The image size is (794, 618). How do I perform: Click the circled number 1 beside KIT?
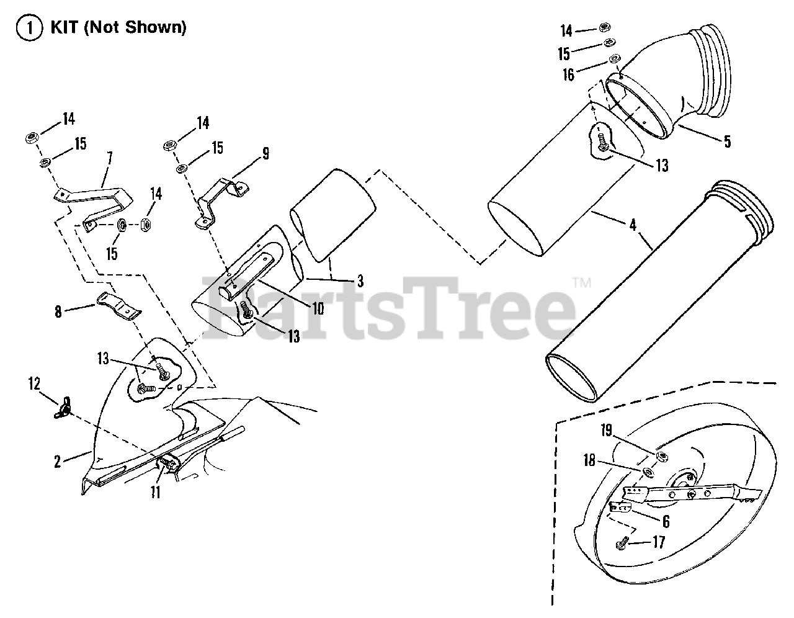pos(25,28)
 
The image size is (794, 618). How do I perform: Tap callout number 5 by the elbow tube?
pos(726,141)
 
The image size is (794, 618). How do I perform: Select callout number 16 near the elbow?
pos(569,75)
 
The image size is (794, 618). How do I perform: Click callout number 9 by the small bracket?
pos(265,153)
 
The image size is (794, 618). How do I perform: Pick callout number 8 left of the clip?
pos(58,311)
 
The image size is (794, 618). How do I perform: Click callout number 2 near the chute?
pos(58,462)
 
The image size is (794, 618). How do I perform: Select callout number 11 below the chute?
pos(155,492)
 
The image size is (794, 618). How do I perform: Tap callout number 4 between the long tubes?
pos(632,225)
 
